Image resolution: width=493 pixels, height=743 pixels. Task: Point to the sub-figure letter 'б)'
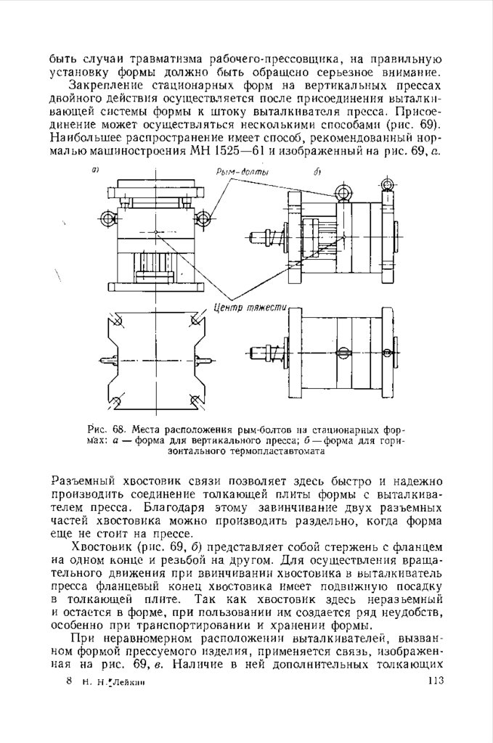[x=317, y=172]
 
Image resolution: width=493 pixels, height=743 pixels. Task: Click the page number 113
[x=436, y=680]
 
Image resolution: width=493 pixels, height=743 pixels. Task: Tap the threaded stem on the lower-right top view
[x=266, y=351]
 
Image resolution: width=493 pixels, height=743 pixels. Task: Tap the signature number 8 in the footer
[x=68, y=681]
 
